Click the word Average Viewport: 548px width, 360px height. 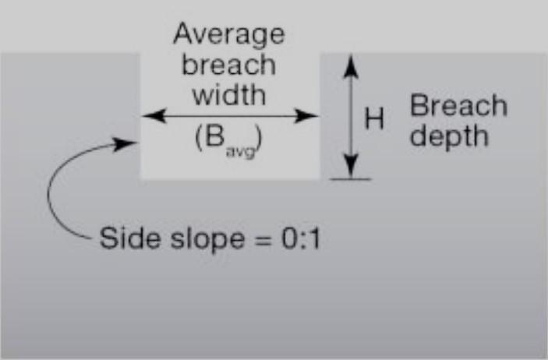pyautogui.click(x=228, y=35)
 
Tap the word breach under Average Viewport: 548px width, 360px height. pyautogui.click(x=228, y=65)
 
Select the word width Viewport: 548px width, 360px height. pyautogui.click(x=228, y=95)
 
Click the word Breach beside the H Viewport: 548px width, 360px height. pyautogui.click(x=458, y=105)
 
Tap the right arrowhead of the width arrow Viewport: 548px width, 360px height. pyautogui.click(x=311, y=115)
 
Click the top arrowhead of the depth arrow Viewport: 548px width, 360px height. pyautogui.click(x=351, y=62)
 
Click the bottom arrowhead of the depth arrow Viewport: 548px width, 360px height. pyautogui.click(x=351, y=170)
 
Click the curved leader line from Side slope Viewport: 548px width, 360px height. pyautogui.click(x=52, y=195)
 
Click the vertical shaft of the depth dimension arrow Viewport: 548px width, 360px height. pyautogui.click(x=351, y=117)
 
